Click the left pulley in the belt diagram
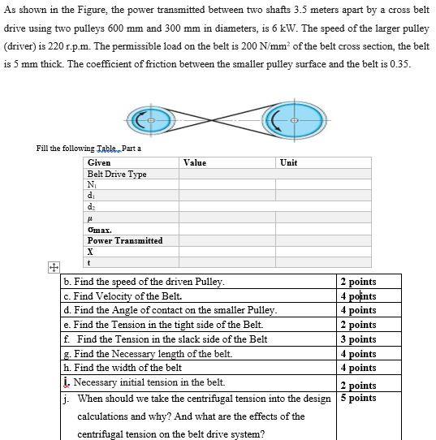(149, 120)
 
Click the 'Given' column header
(99, 162)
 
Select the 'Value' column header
(195, 162)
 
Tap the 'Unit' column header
(288, 162)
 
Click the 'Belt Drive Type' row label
(117, 174)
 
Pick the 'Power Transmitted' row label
(125, 240)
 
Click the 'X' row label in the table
(91, 252)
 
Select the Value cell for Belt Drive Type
(228, 174)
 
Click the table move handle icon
(53, 267)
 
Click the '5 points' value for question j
(358, 398)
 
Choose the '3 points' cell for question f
(358, 339)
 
